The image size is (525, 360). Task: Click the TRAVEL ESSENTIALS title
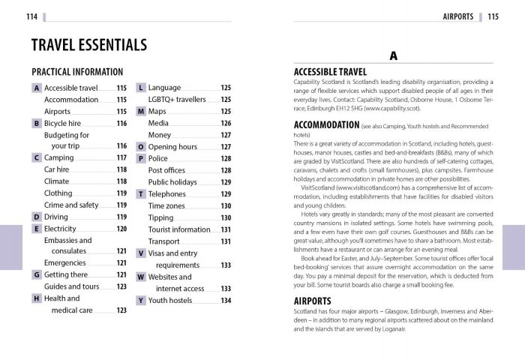[88, 45]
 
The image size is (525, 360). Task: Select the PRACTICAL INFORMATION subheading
[77, 72]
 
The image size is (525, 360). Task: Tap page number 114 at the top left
[31, 16]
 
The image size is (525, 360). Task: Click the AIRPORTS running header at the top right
[457, 16]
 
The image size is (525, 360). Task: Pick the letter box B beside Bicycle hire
[36, 123]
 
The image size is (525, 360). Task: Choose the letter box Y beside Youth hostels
[140, 300]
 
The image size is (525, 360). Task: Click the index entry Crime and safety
[71, 205]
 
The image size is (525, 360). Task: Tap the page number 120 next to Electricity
[121, 229]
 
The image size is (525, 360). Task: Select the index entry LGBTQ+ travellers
[177, 100]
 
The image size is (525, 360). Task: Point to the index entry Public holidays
[172, 182]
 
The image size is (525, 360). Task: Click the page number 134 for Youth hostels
[226, 300]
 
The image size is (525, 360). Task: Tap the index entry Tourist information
[179, 229]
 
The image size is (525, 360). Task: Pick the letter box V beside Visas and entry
[140, 253]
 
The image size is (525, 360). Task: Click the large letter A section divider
[393, 56]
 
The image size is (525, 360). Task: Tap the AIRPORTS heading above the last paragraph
[313, 301]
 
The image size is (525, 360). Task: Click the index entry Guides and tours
[71, 286]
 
